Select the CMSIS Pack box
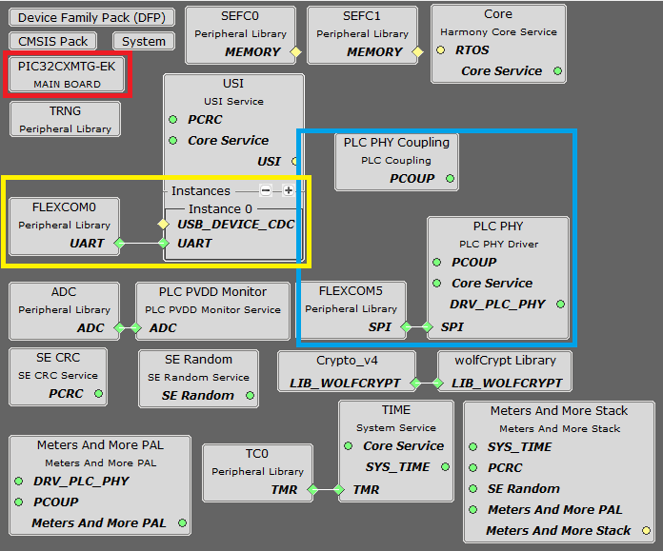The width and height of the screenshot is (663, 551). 53,41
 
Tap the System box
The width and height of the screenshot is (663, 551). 144,41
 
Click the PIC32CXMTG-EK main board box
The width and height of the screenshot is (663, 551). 67,74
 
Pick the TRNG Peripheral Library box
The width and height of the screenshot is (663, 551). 65,119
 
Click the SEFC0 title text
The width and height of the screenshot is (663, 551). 240,16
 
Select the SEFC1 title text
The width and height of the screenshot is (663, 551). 363,16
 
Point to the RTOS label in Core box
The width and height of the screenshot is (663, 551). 472,50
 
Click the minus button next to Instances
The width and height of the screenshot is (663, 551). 266,190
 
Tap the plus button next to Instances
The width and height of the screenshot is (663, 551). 288,190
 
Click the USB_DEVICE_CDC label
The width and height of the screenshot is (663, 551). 236,225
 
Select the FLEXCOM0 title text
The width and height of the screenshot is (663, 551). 64,206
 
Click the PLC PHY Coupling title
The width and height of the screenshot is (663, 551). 396,143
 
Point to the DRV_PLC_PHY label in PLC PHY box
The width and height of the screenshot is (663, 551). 497,304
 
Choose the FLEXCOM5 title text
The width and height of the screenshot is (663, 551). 352,290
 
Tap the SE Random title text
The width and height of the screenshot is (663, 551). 198,359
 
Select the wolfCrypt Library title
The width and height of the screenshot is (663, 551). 504,361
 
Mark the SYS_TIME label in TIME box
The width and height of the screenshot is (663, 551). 396,466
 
